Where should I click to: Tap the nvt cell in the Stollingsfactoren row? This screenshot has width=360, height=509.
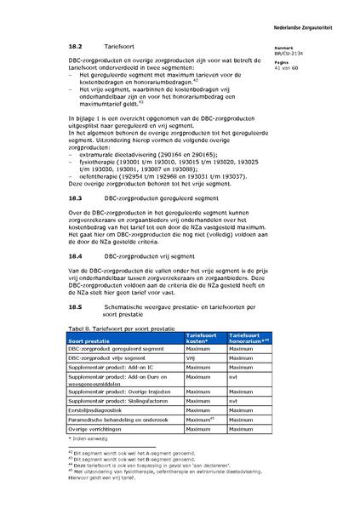click(x=234, y=399)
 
